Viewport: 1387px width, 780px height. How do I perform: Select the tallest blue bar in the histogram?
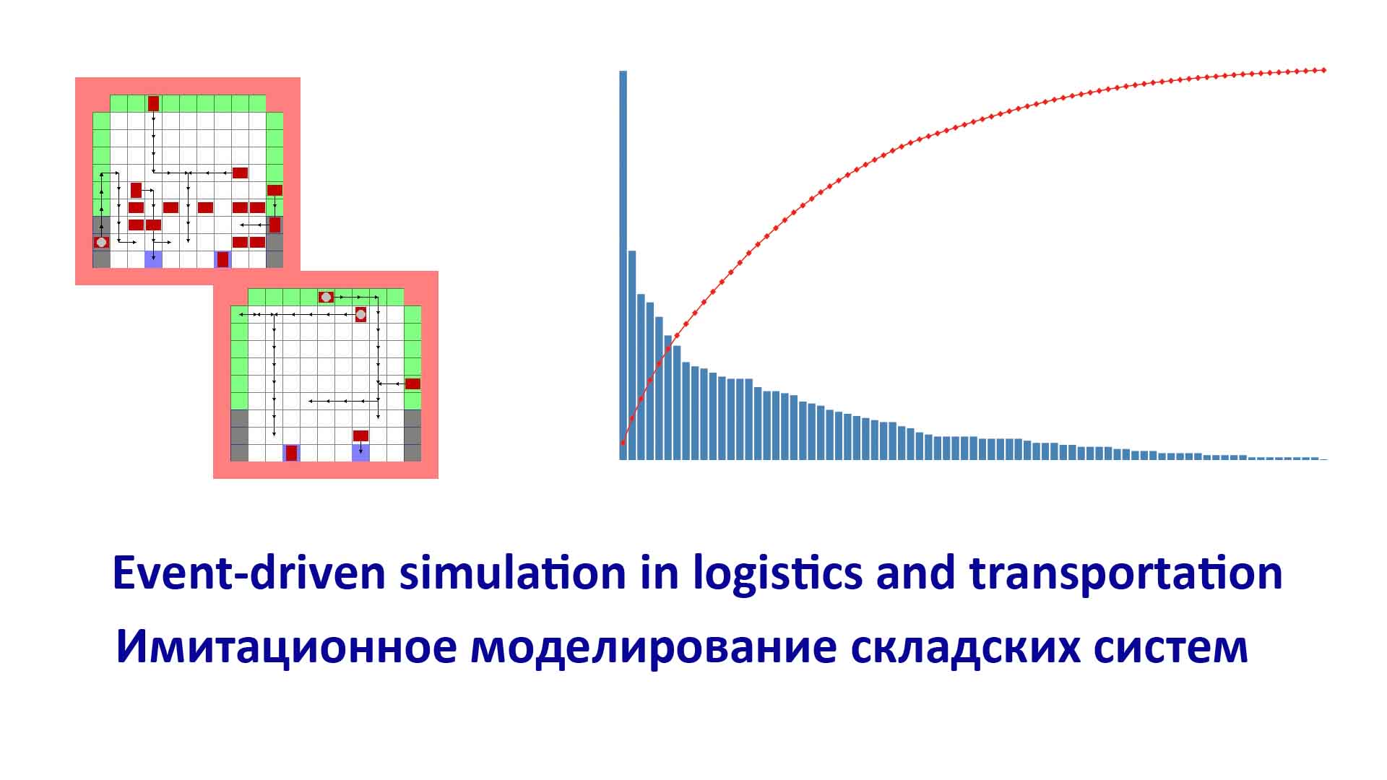tap(623, 265)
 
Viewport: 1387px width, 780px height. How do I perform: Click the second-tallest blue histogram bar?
tap(632, 355)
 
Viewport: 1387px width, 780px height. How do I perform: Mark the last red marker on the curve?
tap(1324, 70)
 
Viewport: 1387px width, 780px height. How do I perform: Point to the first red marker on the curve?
tap(623, 443)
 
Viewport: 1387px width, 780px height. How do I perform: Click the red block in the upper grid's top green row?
tap(153, 103)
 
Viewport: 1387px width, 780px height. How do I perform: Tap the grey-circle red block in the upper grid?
tap(102, 242)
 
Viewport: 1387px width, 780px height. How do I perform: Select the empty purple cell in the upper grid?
tap(153, 259)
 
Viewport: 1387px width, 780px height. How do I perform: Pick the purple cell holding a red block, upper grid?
tap(223, 259)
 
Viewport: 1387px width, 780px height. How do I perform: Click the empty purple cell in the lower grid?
tap(360, 453)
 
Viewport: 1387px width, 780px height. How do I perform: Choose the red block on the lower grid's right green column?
tap(412, 383)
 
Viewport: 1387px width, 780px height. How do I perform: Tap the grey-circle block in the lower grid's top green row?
tap(326, 297)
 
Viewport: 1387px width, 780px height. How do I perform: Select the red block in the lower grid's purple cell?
tap(291, 453)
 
